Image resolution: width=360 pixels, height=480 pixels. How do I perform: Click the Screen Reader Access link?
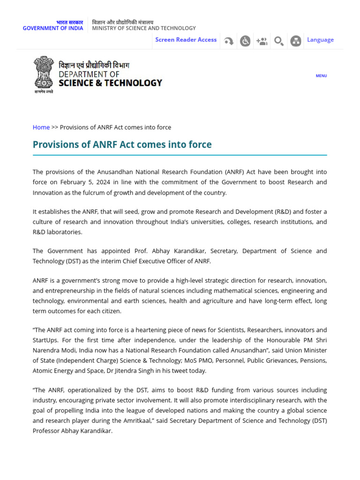(x=186, y=40)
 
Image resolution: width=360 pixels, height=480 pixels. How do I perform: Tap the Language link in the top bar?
(x=320, y=40)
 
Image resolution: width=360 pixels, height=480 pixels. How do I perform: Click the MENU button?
(x=321, y=75)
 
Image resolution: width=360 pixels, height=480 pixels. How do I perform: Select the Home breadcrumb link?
(x=41, y=127)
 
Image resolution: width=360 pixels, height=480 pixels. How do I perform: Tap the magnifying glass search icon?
(x=278, y=41)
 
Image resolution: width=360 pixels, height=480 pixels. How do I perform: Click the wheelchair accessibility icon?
(x=245, y=41)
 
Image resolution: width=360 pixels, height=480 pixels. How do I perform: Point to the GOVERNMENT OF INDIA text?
(x=53, y=28)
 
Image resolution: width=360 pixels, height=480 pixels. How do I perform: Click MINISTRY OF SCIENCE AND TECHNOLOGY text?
(x=144, y=28)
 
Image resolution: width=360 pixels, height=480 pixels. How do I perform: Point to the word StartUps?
(x=45, y=340)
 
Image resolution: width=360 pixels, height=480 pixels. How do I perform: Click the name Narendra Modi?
(x=52, y=350)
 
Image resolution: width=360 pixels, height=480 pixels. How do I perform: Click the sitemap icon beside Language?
(x=295, y=41)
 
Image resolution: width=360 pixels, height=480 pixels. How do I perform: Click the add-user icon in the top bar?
(x=262, y=41)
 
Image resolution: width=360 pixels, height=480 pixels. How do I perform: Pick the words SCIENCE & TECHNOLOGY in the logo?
(x=110, y=83)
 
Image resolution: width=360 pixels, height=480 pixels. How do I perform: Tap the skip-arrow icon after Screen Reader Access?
(x=229, y=41)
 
